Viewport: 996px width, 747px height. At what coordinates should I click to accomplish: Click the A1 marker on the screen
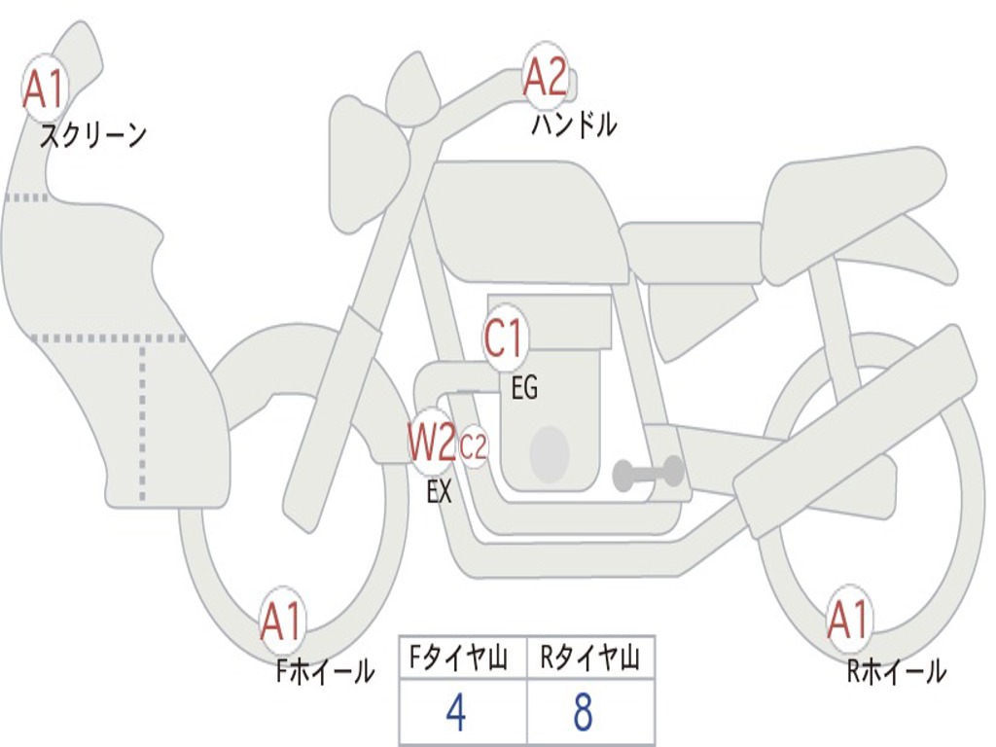coord(44,89)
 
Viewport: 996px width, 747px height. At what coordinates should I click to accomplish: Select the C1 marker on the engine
coord(505,338)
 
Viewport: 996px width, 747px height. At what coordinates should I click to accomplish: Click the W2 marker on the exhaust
coord(433,442)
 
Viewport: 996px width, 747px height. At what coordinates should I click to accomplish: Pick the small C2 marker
coord(474,446)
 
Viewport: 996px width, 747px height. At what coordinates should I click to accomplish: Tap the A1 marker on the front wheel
coord(282,621)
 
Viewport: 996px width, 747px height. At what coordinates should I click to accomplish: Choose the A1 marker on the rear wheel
coord(848,620)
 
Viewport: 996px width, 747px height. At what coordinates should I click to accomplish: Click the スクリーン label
coord(93,135)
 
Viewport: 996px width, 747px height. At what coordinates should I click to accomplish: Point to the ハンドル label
coord(574,124)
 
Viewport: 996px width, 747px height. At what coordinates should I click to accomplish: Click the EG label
coord(524,387)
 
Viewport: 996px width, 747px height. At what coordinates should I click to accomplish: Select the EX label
coord(440,491)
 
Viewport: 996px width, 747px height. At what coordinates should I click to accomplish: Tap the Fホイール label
coord(325,671)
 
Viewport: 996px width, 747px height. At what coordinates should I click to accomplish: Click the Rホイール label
coord(897,671)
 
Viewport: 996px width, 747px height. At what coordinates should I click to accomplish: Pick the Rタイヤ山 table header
coord(589,658)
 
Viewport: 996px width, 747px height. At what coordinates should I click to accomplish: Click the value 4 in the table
coord(456,713)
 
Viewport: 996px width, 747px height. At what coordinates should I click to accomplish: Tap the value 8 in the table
coord(584,713)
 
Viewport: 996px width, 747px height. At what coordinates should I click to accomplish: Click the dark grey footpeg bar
coord(648,474)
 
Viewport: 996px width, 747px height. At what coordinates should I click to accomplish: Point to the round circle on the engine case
coord(550,453)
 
